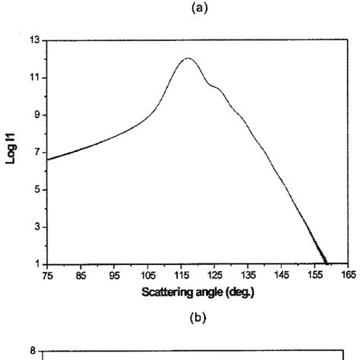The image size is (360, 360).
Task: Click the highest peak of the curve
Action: click(188, 58)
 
